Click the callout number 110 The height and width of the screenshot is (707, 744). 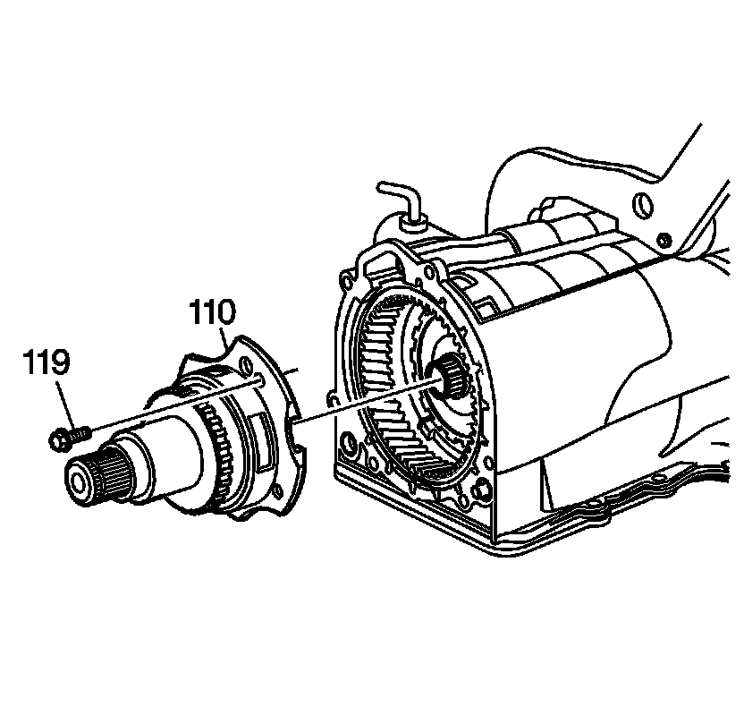tap(212, 314)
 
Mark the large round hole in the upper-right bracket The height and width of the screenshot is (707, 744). tap(640, 206)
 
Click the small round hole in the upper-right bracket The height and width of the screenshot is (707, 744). tap(663, 240)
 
